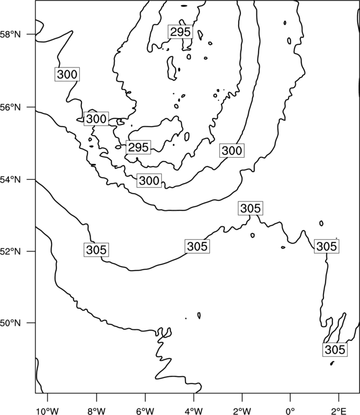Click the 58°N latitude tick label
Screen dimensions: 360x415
coord(11,34)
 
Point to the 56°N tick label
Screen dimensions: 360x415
coord(11,107)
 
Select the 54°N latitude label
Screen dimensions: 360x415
coord(11,180)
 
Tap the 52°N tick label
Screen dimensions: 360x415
coord(11,251)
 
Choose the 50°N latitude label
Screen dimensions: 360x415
coord(11,323)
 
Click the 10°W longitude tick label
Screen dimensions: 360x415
coord(48,411)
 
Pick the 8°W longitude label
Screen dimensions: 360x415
coord(96,411)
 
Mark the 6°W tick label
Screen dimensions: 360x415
coord(145,411)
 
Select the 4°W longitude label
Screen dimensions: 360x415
coord(194,411)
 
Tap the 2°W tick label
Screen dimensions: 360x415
coord(242,411)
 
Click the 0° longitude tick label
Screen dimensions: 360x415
coord(290,411)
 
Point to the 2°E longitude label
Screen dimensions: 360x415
coord(338,411)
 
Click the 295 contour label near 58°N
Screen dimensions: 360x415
coord(180,32)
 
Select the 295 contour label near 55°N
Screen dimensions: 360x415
coord(138,147)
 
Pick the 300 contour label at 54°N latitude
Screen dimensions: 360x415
coord(149,181)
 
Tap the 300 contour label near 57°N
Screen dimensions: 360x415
coord(67,74)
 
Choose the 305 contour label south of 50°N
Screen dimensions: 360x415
coord(335,350)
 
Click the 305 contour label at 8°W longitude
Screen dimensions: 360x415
coord(96,250)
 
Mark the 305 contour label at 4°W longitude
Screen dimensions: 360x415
coord(197,246)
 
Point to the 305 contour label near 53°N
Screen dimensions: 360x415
coord(250,208)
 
